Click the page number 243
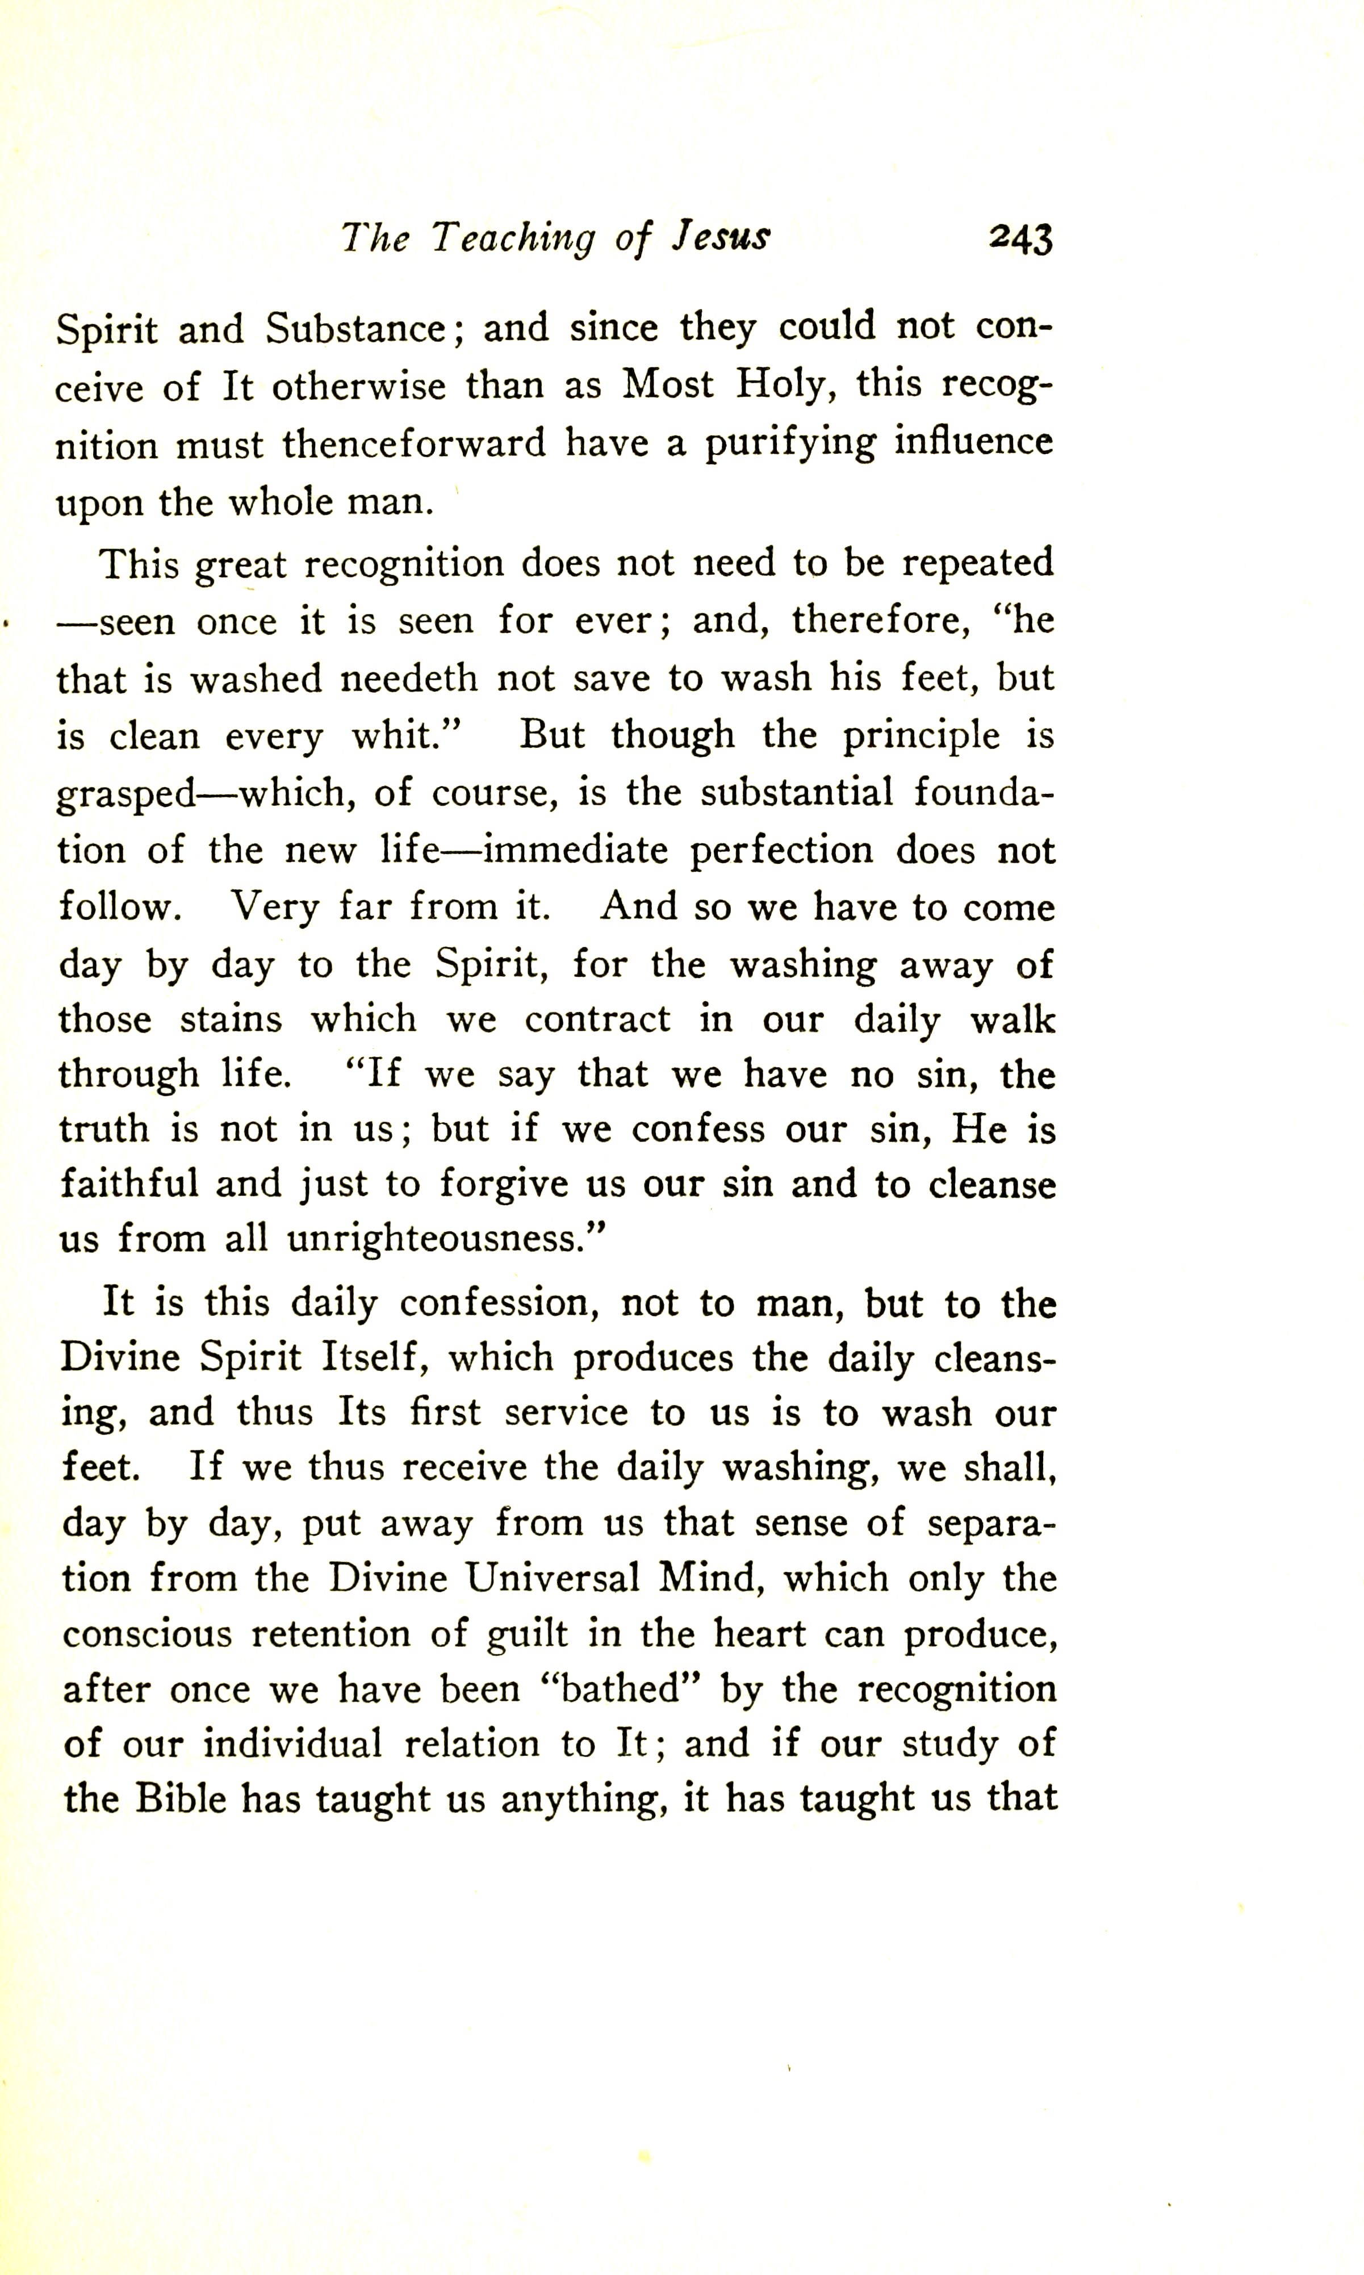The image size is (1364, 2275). (1020, 240)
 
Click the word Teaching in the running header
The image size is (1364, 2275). (513, 240)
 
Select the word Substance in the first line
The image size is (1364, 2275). (357, 329)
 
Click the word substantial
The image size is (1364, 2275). (796, 792)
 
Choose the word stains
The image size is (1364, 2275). (231, 1019)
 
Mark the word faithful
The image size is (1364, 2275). (129, 1184)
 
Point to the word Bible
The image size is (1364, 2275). (180, 1800)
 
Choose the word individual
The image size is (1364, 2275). (292, 1745)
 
